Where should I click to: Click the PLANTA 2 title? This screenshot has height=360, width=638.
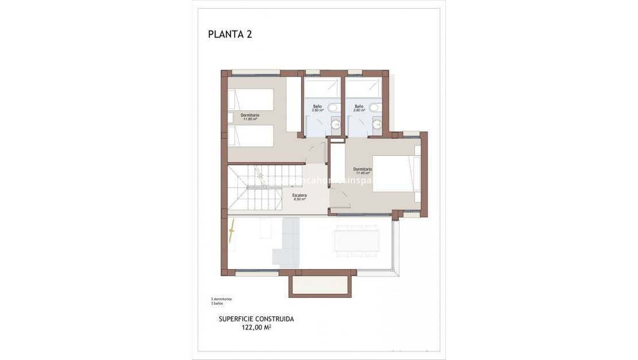[230, 34]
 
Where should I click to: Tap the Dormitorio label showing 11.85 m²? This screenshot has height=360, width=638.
[249, 117]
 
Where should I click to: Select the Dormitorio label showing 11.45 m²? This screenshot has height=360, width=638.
[363, 170]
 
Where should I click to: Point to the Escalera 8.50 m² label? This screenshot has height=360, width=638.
[299, 197]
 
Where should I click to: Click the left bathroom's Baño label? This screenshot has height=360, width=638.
[317, 107]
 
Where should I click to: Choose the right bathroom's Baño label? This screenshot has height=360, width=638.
[359, 107]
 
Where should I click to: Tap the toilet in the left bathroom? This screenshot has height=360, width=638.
[335, 107]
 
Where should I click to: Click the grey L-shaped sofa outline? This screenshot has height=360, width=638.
[288, 242]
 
